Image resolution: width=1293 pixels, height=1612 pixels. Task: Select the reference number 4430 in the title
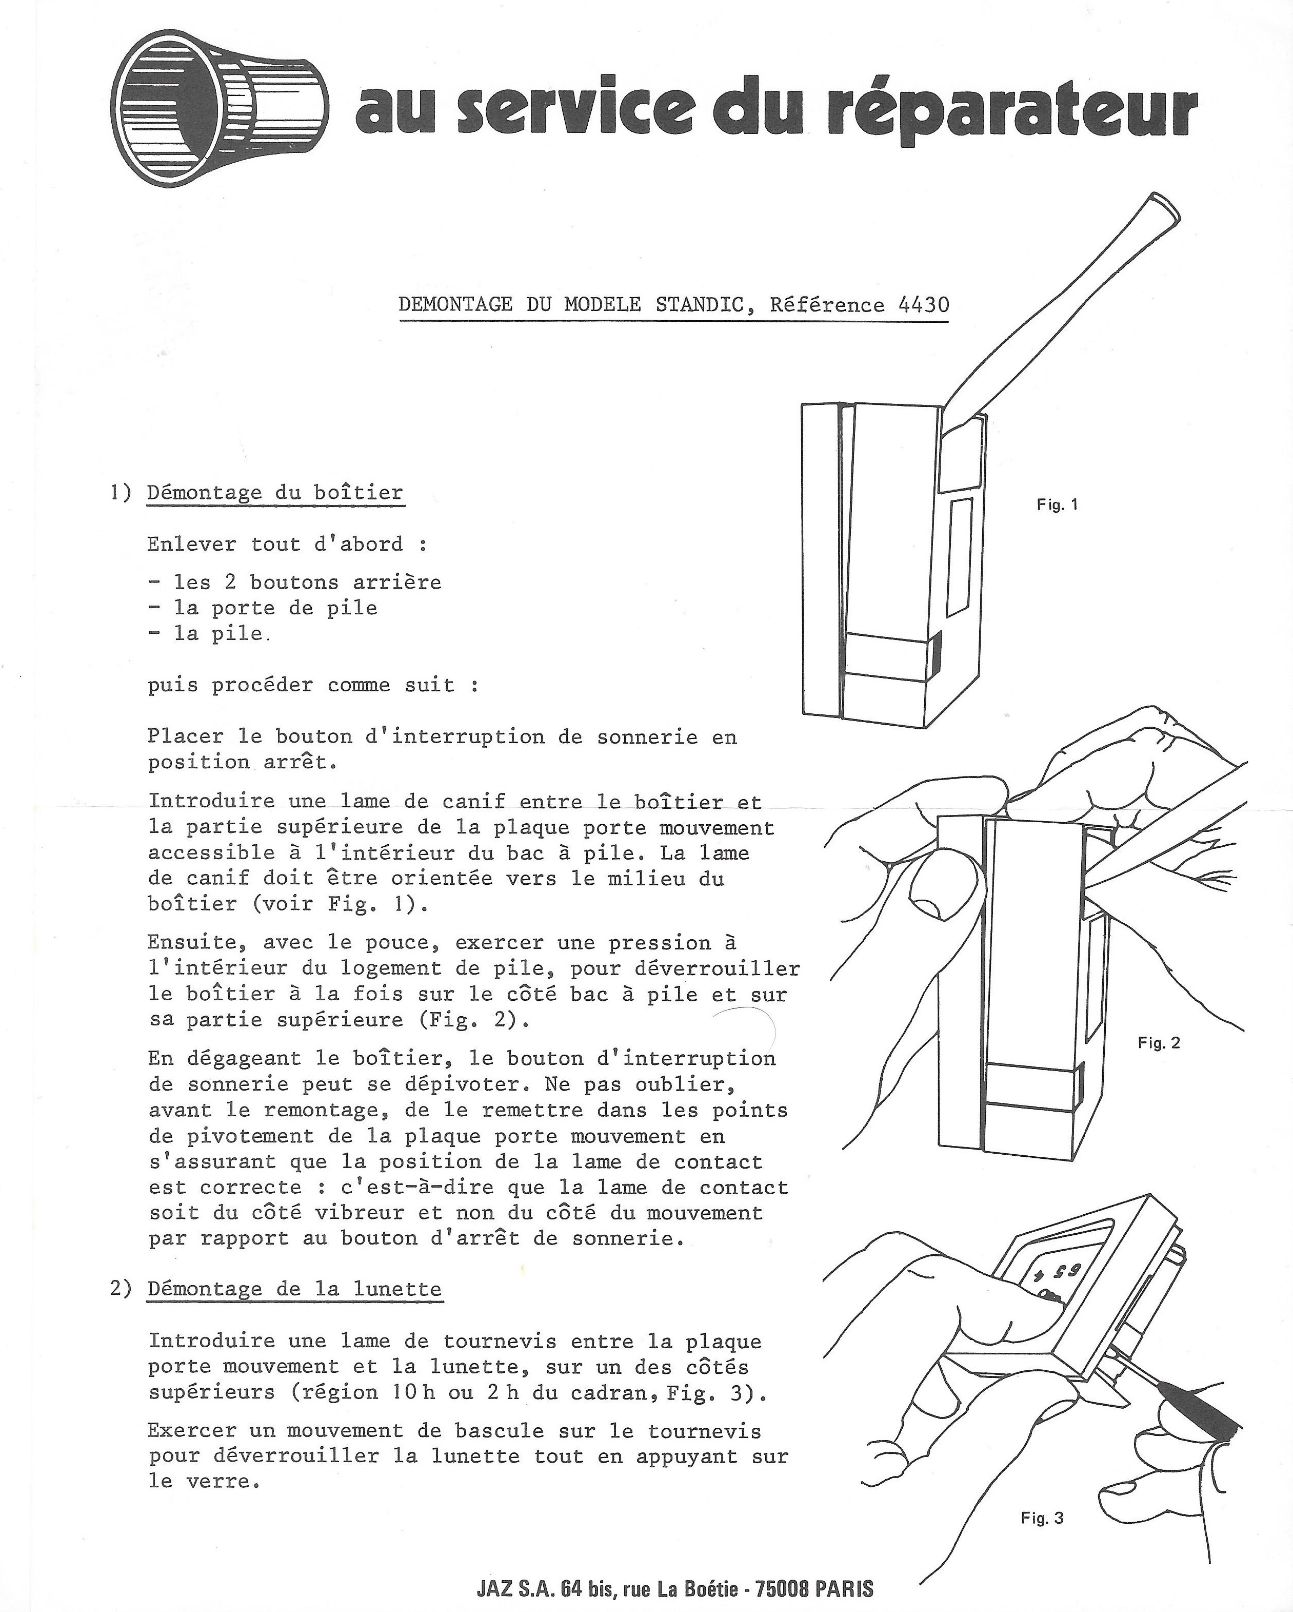tap(924, 305)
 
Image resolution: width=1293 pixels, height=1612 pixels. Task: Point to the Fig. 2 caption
tap(1159, 1043)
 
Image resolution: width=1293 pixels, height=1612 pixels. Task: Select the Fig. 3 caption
tap(1042, 1518)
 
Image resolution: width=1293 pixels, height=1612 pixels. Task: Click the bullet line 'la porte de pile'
tap(275, 608)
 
